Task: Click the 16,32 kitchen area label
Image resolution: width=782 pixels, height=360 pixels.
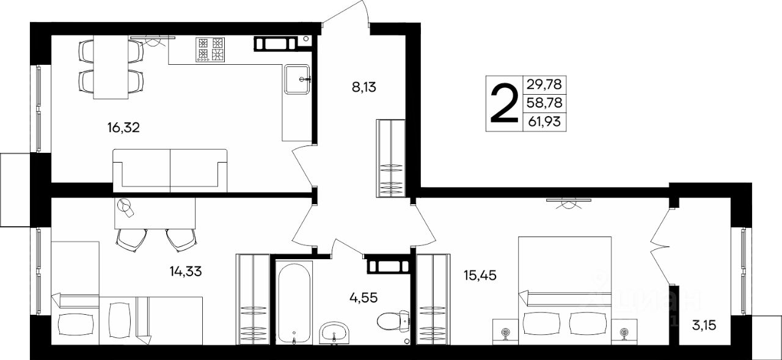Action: tap(123, 128)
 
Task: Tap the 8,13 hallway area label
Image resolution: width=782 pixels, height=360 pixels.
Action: tap(364, 87)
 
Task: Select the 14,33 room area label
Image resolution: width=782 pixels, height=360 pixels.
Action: tap(186, 271)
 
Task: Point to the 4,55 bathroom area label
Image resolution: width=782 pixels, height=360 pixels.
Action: tap(364, 298)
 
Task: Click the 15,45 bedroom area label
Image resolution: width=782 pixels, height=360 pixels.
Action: tap(480, 276)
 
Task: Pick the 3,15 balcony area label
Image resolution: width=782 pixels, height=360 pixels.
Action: tap(704, 325)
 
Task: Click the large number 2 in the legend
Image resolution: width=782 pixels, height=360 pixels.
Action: tap(505, 104)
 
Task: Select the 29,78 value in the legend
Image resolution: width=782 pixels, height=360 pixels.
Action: tap(544, 84)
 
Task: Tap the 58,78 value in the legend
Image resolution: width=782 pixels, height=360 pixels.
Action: tap(544, 103)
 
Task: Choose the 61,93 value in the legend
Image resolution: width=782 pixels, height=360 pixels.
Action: tap(544, 121)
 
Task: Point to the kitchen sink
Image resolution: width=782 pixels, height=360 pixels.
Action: tap(297, 79)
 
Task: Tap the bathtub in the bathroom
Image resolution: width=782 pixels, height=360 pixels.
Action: tap(294, 303)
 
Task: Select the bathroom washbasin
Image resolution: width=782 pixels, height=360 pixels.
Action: tap(334, 333)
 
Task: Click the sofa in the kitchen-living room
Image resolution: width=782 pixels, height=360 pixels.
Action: tap(170, 171)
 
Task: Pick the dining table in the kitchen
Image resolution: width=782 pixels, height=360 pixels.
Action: tap(111, 67)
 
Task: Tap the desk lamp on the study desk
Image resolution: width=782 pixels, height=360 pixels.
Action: tap(126, 206)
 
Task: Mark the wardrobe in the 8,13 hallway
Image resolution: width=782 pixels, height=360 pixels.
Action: tap(390, 158)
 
